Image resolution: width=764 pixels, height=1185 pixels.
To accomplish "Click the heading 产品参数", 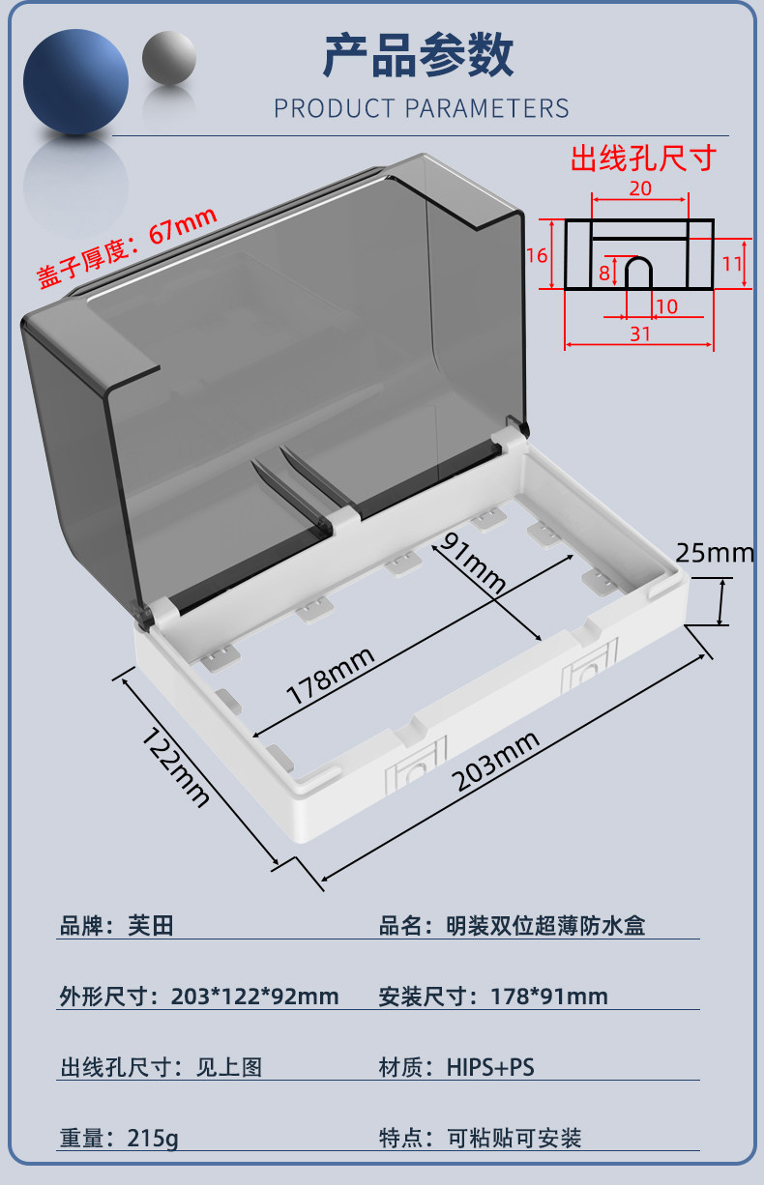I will point(418,55).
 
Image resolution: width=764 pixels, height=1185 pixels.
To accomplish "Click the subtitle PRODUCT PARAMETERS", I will point(421,108).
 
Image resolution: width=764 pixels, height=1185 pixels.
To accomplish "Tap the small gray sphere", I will point(169,57).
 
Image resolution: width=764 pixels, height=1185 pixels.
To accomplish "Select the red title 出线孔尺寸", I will point(642,158).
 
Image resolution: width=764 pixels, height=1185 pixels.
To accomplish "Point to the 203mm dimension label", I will point(496,761).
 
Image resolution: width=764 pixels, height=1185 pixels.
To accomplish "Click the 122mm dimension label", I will point(176,766).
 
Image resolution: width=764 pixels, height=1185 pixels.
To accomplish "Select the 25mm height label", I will point(714,553).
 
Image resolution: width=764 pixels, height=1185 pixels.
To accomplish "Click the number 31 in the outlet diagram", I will point(639,333).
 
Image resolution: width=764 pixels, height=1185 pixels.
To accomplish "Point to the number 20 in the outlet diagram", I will point(639,188).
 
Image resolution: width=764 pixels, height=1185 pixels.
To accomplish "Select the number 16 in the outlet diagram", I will point(538,255).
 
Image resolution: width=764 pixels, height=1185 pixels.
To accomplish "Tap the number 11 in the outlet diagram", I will point(731,263).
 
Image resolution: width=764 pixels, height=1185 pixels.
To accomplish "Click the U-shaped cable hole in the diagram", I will point(638,274).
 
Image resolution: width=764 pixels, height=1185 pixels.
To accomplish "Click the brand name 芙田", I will point(151,926).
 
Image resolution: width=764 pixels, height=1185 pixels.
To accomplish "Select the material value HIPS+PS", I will point(490,1067).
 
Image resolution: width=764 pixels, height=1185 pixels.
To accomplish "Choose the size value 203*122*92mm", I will point(254,997).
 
